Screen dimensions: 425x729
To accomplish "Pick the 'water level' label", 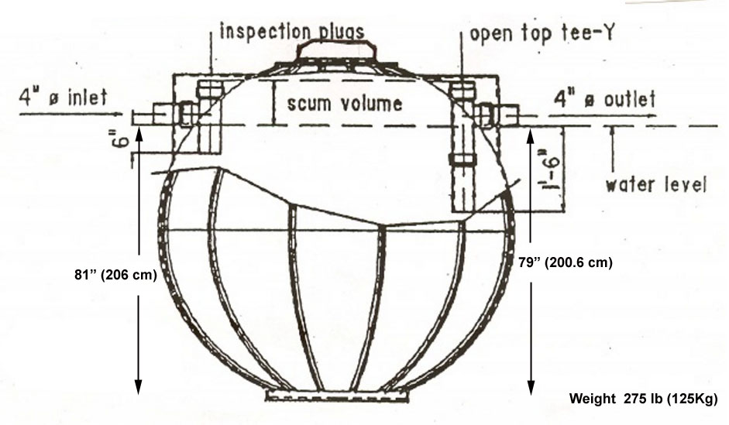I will tap(655, 185).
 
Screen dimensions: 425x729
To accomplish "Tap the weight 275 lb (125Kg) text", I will tap(643, 399).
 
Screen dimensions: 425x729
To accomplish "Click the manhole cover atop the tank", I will tap(338, 52).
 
